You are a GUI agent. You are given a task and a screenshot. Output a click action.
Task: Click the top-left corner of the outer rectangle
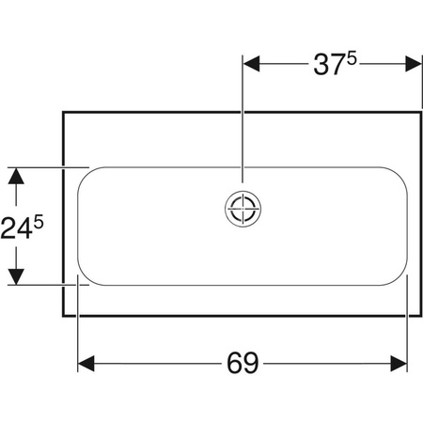[x=63, y=111]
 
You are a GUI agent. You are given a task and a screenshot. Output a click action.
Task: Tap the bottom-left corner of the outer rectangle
[x=63, y=317]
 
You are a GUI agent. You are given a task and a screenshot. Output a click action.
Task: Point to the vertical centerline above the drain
[x=243, y=132]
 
